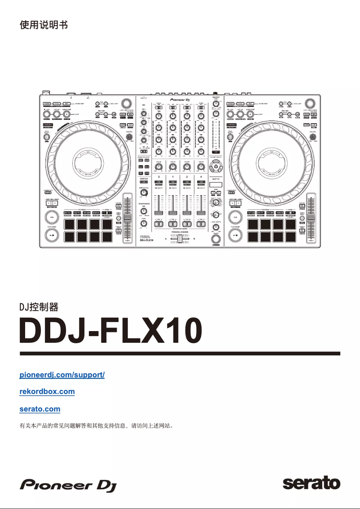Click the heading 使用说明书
(44, 25)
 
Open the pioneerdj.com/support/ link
(62, 374)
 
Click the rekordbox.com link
(47, 391)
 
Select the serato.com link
(40, 409)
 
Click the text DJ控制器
(39, 307)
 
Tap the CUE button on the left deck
(51, 217)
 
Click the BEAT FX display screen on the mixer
(216, 184)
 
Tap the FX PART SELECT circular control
(216, 168)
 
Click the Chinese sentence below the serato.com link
(97, 425)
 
